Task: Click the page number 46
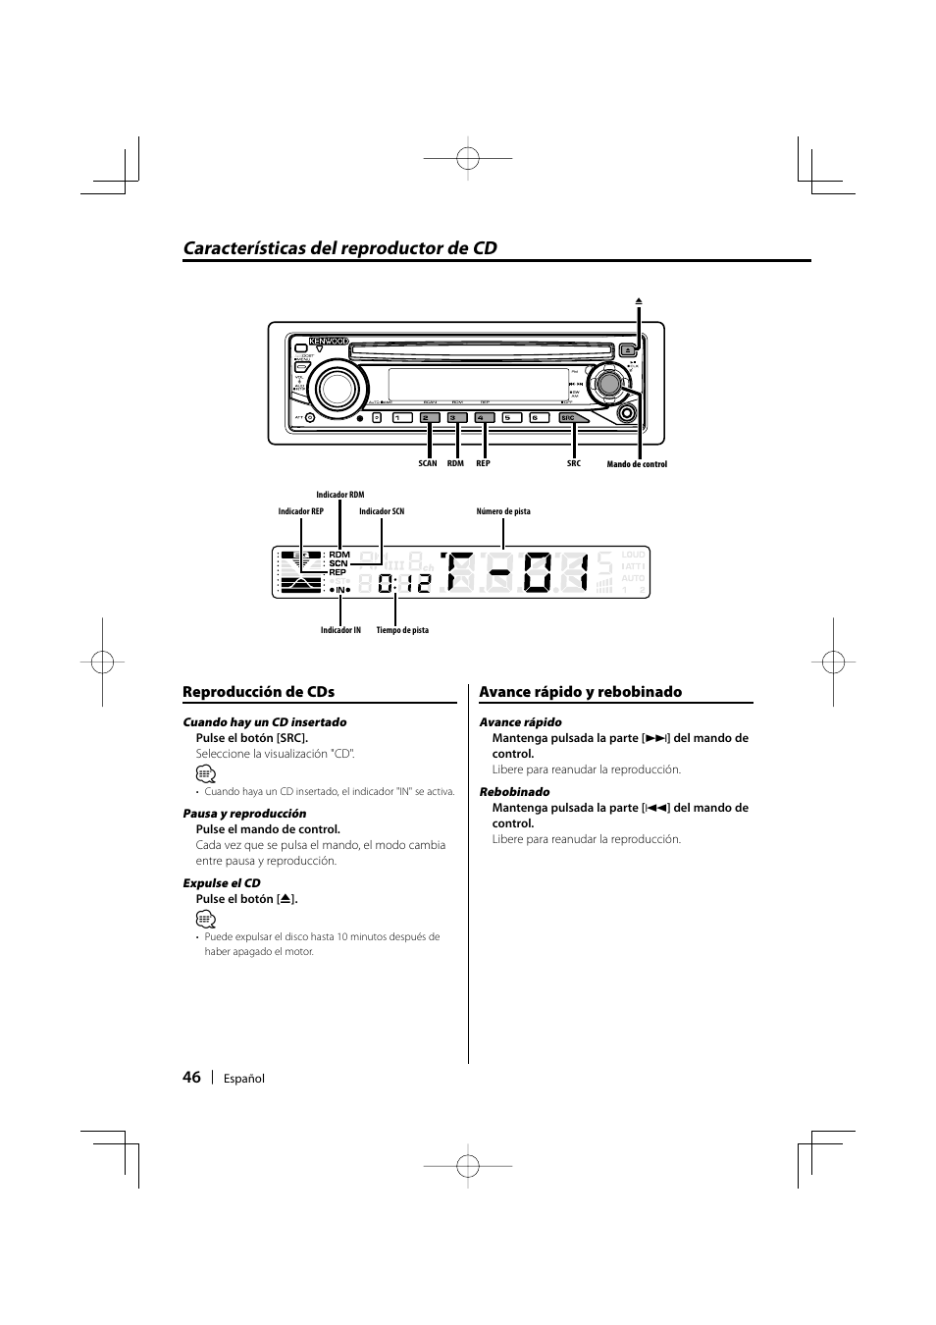click(x=191, y=1077)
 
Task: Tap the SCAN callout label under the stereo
click(x=428, y=463)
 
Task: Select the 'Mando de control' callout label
click(x=637, y=464)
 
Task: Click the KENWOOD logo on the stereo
click(x=329, y=342)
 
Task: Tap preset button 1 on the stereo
click(x=400, y=418)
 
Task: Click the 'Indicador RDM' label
click(x=339, y=495)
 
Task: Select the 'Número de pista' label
click(x=503, y=511)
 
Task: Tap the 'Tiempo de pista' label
click(x=402, y=630)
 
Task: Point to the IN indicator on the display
click(x=340, y=590)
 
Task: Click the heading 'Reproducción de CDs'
click(x=258, y=692)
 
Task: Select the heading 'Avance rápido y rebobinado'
click(x=580, y=692)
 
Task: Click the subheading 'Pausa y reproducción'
click(x=244, y=813)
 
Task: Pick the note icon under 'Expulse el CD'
click(x=204, y=919)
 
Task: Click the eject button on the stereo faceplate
click(x=629, y=347)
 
